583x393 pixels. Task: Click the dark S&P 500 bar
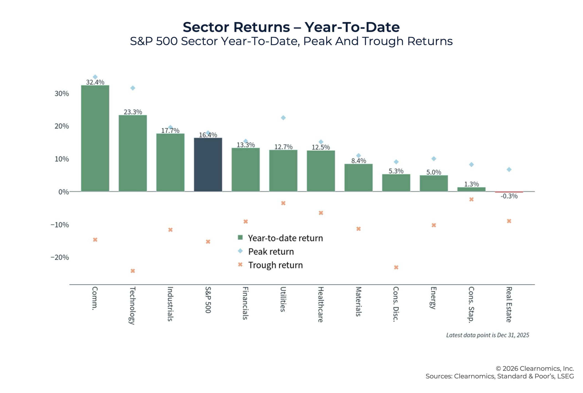click(x=208, y=165)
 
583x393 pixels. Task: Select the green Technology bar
click(x=133, y=153)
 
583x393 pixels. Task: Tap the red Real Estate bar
click(x=509, y=192)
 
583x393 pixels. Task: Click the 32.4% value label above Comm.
click(x=95, y=82)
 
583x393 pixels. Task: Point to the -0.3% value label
click(x=509, y=196)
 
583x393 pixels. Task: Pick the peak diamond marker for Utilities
click(x=283, y=118)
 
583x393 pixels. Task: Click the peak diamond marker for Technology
click(x=133, y=88)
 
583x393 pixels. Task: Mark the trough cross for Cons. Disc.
click(x=396, y=267)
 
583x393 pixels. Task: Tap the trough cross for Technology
click(x=133, y=271)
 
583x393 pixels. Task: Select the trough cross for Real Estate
click(x=509, y=221)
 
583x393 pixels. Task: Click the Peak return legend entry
click(x=271, y=252)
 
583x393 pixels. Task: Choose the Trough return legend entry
click(x=275, y=265)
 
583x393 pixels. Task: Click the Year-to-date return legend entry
click(x=285, y=238)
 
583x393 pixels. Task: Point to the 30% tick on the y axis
click(x=62, y=94)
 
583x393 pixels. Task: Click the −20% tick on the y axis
click(x=60, y=257)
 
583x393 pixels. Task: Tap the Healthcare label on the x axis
click(x=321, y=304)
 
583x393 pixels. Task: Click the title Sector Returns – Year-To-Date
click(x=291, y=27)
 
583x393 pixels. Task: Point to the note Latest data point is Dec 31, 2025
click(x=487, y=335)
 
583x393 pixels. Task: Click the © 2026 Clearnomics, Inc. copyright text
click(x=534, y=368)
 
